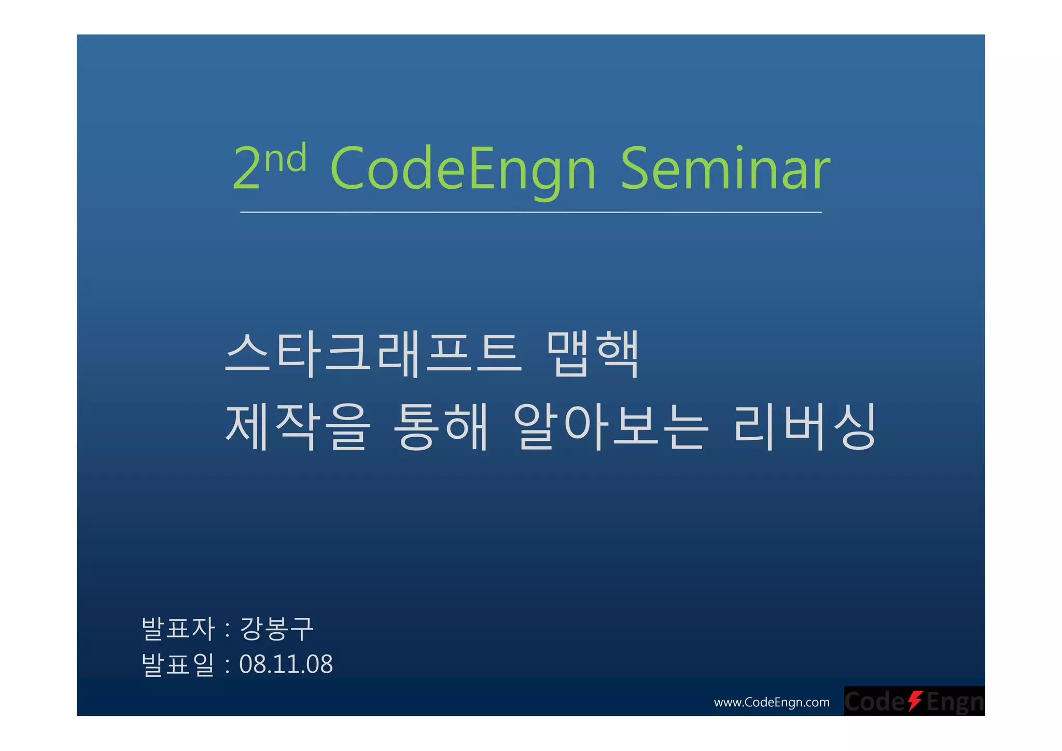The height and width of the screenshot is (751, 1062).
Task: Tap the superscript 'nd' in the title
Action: pos(285,158)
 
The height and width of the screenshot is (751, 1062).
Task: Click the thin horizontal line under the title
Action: pos(530,212)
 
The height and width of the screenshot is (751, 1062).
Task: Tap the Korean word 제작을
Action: pos(298,426)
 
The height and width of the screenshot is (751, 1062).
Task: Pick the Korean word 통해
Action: pos(441,426)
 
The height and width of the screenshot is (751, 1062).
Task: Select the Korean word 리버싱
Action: pos(804,426)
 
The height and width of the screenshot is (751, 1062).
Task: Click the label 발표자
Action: pos(178,629)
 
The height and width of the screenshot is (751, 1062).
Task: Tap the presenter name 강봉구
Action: pos(276,629)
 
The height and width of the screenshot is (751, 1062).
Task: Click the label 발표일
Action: pos(178,664)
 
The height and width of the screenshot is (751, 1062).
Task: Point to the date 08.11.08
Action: pos(286,664)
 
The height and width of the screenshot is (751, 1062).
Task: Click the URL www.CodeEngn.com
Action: pos(771,702)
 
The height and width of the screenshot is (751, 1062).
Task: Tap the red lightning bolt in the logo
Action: pos(915,701)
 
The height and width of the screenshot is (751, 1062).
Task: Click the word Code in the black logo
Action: pos(874,702)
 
